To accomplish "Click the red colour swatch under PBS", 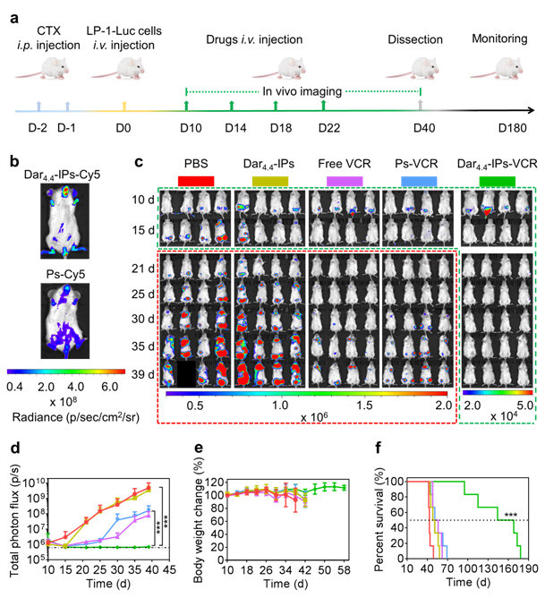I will pos(196,182).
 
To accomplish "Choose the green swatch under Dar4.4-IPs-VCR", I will pos(497,182).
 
